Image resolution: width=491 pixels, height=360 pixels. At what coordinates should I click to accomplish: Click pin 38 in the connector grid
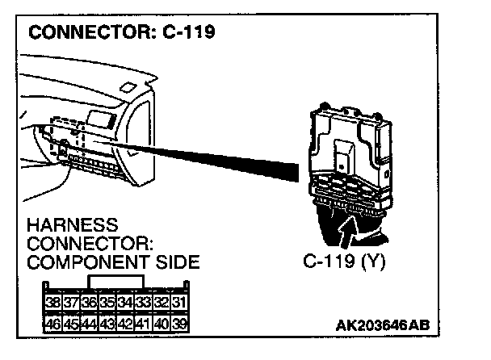(52, 304)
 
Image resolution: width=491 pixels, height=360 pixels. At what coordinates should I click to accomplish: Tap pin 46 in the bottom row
(52, 324)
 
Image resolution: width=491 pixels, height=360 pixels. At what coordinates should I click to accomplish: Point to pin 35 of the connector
(107, 304)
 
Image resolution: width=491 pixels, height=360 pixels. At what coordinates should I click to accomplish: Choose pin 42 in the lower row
(124, 324)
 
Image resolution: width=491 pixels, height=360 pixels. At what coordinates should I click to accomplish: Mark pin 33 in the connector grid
(143, 304)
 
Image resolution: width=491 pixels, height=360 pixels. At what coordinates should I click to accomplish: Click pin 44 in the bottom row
(89, 324)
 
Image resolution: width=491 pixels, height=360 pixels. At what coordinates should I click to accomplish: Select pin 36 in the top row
(89, 304)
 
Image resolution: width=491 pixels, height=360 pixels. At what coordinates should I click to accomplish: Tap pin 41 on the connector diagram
(143, 324)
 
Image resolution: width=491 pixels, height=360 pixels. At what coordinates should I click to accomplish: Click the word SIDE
(175, 263)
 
